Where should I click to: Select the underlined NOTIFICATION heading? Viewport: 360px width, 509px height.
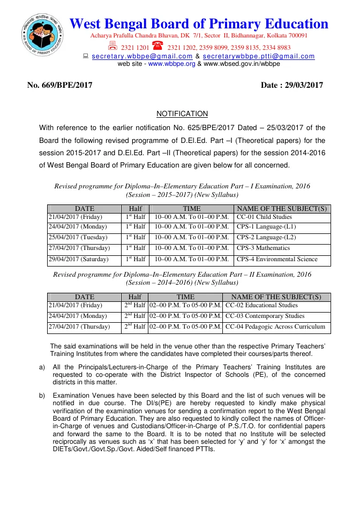(182, 114)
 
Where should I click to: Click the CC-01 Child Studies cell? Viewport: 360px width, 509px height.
(264, 217)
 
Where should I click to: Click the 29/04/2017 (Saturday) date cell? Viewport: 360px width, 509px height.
(78, 260)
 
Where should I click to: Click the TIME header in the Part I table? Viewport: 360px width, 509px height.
(192, 209)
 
